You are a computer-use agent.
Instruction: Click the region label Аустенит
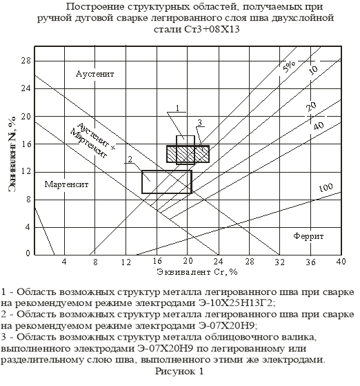(94, 74)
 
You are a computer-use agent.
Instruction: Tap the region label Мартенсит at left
(66, 184)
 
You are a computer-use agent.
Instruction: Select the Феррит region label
(308, 236)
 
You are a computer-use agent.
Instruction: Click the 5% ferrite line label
(290, 66)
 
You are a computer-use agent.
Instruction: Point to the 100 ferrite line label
(326, 188)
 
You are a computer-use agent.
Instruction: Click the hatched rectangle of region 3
(188, 154)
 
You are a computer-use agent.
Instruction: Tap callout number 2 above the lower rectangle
(130, 160)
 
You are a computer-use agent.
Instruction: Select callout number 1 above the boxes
(177, 108)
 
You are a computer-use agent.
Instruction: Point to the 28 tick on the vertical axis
(26, 61)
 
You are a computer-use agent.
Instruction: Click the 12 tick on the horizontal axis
(126, 262)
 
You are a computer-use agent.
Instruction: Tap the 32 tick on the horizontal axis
(279, 262)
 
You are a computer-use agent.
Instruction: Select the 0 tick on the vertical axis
(28, 253)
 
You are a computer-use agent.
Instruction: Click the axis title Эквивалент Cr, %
(197, 272)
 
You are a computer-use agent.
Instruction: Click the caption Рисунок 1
(179, 371)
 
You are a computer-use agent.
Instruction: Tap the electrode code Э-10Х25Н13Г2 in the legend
(237, 303)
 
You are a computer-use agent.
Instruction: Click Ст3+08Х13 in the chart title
(212, 29)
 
